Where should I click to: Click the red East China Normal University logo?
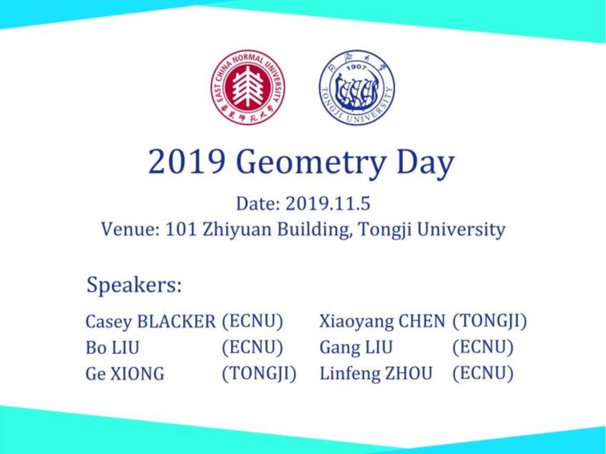247,88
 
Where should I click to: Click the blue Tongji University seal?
357,88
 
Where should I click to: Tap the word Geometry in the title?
309,163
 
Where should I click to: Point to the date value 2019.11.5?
328,203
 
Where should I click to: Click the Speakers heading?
134,285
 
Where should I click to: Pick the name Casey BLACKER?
150,321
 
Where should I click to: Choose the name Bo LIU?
112,348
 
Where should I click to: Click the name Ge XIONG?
125,373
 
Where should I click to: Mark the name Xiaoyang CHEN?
382,321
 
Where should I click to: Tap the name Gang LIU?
356,348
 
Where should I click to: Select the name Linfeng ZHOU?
376,373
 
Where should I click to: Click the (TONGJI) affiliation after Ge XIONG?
259,373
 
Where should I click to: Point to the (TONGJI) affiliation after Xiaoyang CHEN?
490,321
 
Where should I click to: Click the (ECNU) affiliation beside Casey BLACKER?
252,321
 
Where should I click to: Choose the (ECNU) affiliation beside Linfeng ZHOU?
483,373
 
